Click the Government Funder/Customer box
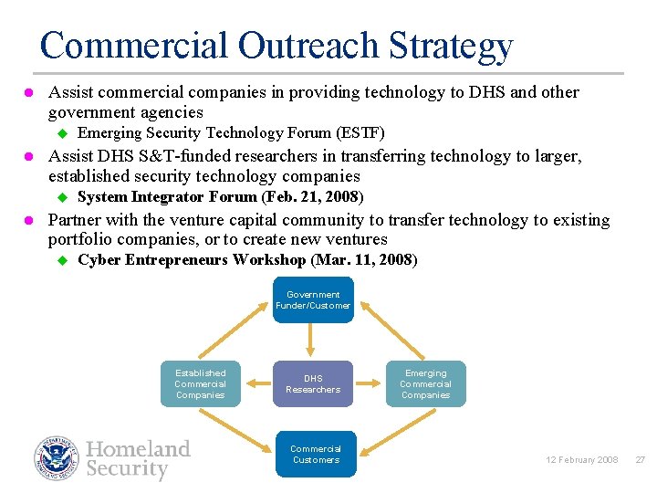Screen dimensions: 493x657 [x=313, y=300]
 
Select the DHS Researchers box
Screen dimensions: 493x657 [x=313, y=384]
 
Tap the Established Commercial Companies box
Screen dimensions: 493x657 [x=200, y=384]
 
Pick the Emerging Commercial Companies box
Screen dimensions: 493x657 [x=425, y=384]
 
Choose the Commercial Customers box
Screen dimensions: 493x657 [x=315, y=455]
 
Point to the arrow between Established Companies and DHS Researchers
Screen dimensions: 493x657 [x=256, y=384]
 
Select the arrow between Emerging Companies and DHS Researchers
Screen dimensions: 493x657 [x=370, y=384]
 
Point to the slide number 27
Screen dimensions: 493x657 [x=640, y=460]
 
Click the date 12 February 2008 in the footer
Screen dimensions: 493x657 [x=583, y=460]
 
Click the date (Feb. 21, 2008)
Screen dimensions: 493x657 [x=313, y=197]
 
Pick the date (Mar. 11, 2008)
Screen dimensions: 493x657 [x=364, y=261]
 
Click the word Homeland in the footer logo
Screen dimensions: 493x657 [x=138, y=449]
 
